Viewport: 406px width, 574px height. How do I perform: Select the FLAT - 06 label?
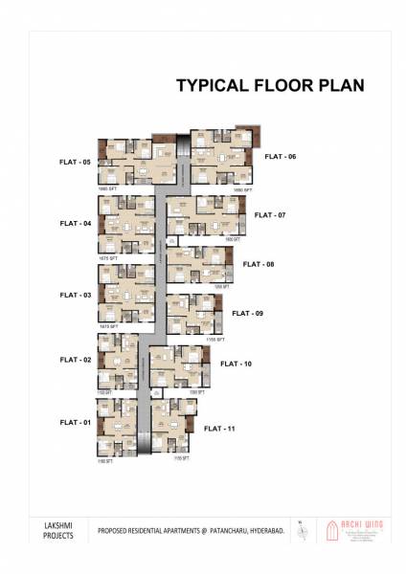coord(281,156)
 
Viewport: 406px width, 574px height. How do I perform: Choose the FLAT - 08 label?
coord(259,264)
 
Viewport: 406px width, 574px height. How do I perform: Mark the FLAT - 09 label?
coord(247,314)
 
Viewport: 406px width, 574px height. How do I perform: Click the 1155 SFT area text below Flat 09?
coord(214,340)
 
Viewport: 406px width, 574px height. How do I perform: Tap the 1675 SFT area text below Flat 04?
coord(107,258)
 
